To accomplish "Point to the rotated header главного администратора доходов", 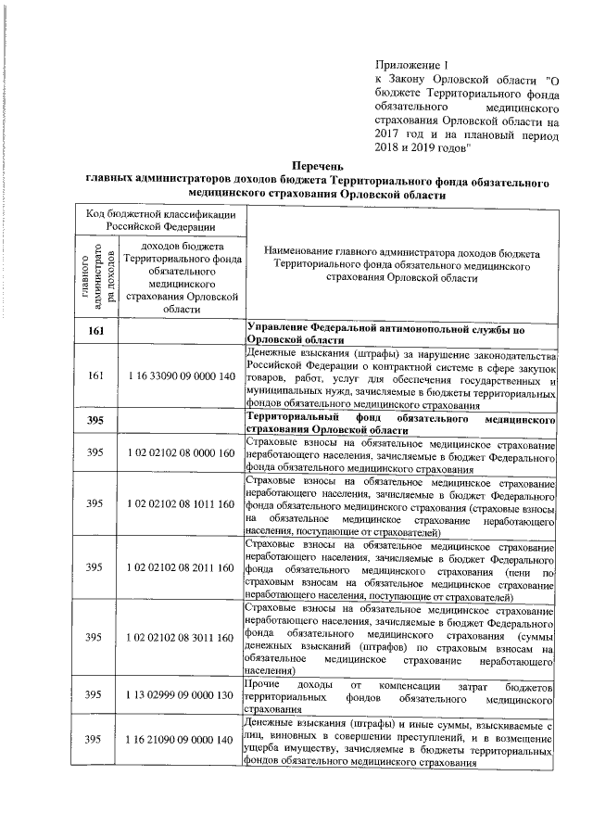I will pos(95,275).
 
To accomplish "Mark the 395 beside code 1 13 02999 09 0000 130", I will pos(95,694).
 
